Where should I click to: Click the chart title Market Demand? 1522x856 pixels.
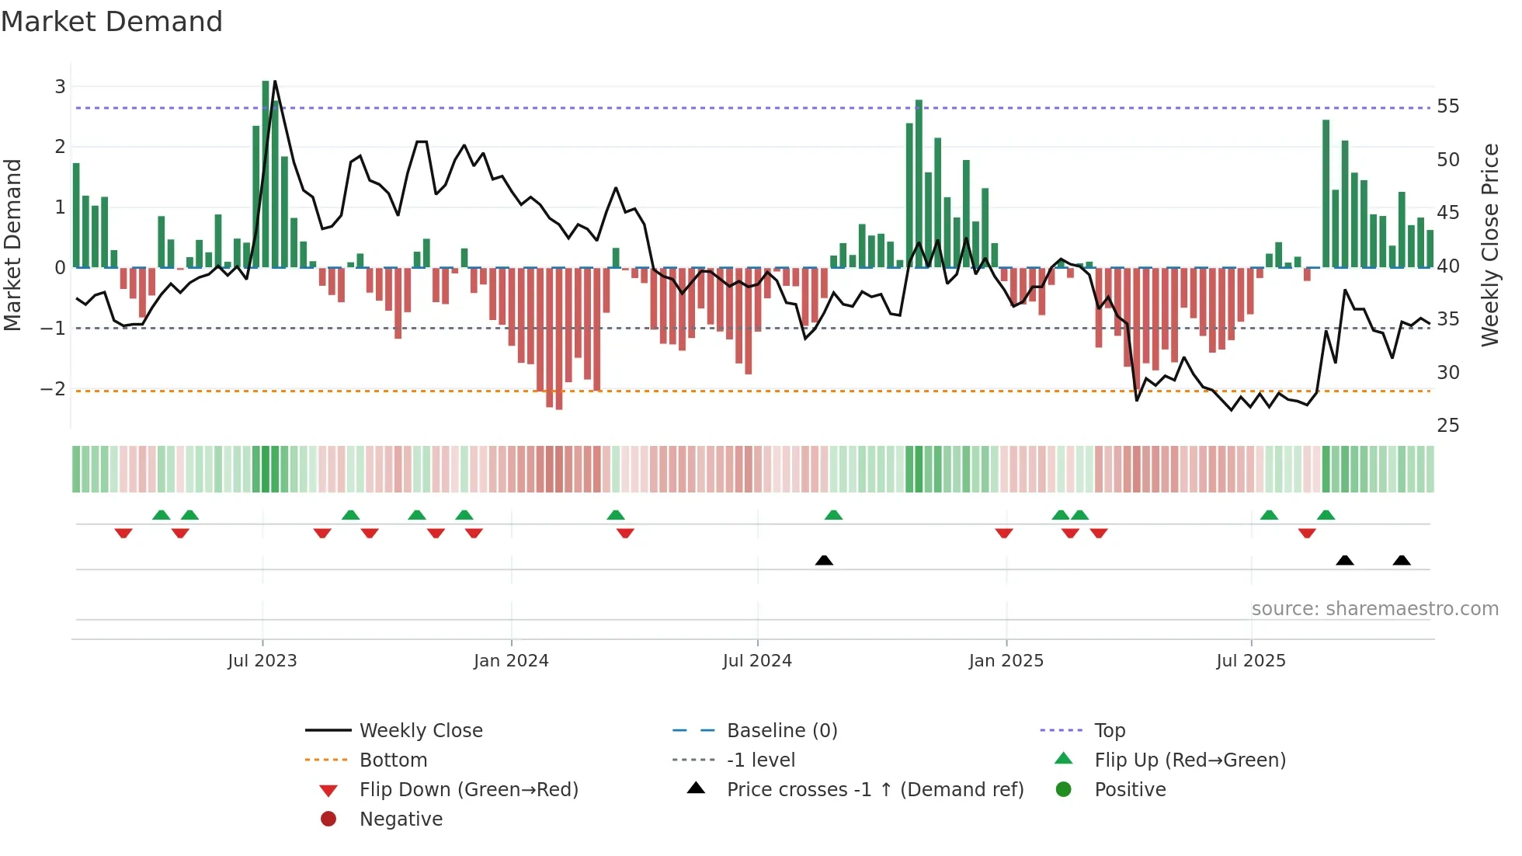[112, 22]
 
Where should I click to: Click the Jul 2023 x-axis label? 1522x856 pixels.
[262, 661]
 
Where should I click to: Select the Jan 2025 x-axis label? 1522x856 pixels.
[1006, 661]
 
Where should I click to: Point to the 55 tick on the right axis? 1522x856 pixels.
[1447, 106]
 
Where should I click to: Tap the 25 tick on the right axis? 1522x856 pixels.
[1447, 426]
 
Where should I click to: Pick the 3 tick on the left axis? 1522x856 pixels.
[60, 87]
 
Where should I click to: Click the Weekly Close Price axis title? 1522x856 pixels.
[1489, 245]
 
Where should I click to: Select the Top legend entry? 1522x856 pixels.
[1109, 731]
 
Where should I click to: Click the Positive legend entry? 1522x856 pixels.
[1129, 790]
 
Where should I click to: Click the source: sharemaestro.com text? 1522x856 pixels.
[1374, 609]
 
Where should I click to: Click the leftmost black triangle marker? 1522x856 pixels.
[824, 560]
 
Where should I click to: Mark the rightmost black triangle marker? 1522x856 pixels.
[1402, 560]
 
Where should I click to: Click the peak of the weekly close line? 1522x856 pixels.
[275, 82]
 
